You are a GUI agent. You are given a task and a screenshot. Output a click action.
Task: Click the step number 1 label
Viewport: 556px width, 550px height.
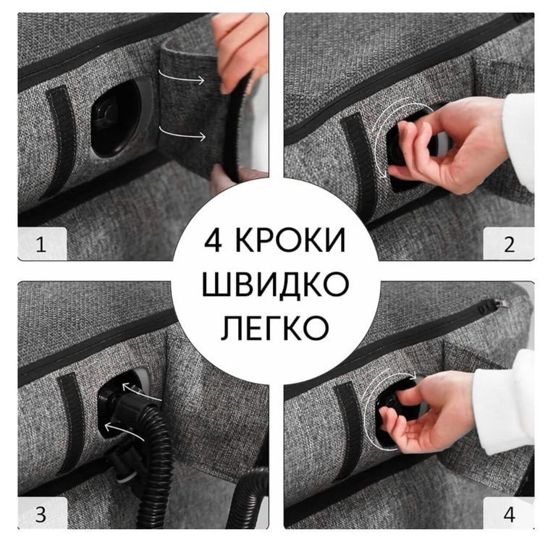[41, 245]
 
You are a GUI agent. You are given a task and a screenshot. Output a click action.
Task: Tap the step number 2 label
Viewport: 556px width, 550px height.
[509, 245]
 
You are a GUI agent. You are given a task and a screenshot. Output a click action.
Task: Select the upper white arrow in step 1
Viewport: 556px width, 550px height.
[182, 77]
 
